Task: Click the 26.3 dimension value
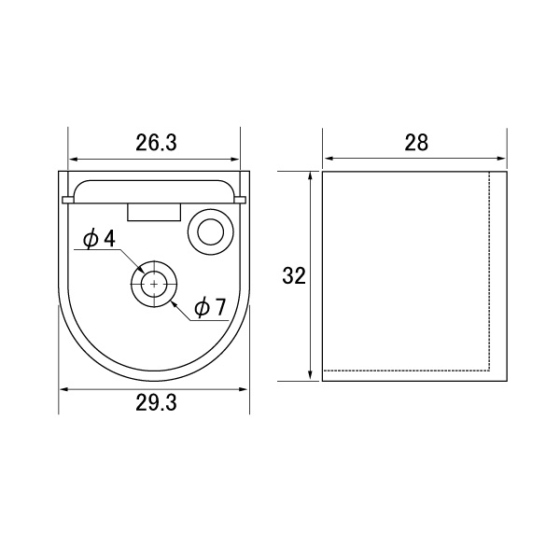[156, 143]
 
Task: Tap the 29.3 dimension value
[156, 403]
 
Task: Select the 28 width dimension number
[416, 143]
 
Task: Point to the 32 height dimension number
[294, 275]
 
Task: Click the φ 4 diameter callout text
[99, 239]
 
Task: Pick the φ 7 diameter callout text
[211, 307]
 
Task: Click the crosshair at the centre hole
[154, 284]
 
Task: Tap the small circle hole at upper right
[211, 232]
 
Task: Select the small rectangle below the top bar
[154, 212]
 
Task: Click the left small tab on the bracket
[68, 200]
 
